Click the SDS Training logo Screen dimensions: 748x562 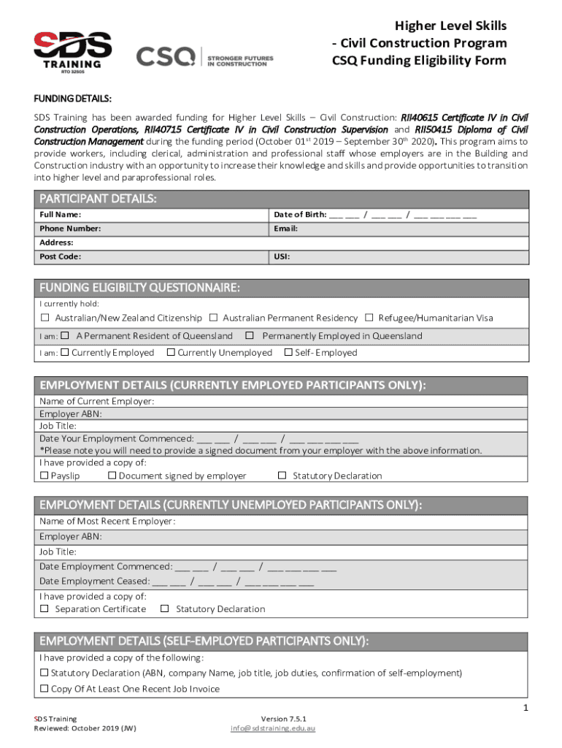point(72,50)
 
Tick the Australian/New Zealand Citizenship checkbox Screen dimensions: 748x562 point(45,318)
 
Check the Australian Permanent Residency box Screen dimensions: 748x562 point(214,318)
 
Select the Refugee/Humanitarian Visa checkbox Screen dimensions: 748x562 point(370,318)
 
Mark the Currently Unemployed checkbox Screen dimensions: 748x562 point(170,353)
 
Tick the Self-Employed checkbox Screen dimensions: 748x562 point(288,353)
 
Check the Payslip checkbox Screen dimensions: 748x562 point(44,476)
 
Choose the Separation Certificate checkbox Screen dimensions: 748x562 point(45,608)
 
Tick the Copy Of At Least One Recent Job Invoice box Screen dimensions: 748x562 point(45,689)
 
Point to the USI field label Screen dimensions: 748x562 point(281,257)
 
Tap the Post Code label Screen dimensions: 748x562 point(60,257)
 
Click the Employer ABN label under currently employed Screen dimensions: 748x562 point(70,413)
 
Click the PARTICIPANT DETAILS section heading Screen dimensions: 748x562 point(98,199)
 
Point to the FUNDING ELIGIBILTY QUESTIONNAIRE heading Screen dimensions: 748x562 point(139,287)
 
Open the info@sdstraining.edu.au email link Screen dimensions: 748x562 point(273,728)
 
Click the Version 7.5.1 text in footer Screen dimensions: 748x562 point(273,719)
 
